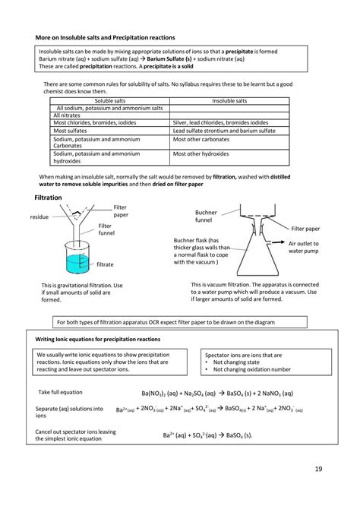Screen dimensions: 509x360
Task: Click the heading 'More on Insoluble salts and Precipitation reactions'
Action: pos(106,37)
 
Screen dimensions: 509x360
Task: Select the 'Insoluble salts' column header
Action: pos(230,100)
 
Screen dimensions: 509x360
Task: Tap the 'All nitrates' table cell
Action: pos(68,115)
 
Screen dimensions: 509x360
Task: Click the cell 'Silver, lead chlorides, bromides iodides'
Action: pos(220,122)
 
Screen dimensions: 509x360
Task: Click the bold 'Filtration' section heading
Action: pos(49,198)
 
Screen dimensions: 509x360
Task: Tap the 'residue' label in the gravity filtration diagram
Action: pos(39,217)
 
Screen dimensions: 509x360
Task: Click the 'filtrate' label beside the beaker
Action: pos(105,264)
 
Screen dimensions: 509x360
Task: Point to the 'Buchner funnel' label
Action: pos(206,217)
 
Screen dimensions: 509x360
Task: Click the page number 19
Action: pos(316,469)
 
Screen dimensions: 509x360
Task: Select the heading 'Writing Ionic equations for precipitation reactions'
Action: pos(99,339)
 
